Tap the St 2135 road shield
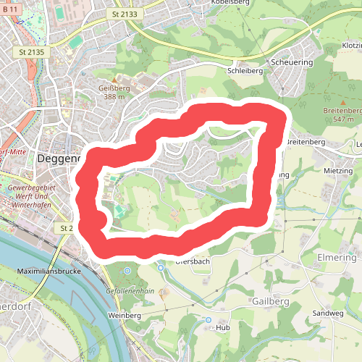click(32, 52)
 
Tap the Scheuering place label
click(291, 62)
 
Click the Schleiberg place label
click(245, 72)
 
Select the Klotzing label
click(350, 45)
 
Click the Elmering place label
click(337, 258)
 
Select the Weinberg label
click(124, 316)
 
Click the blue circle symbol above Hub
click(209, 319)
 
